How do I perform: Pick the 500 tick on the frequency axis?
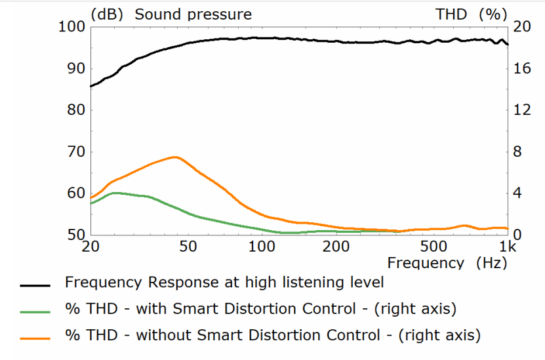tap(433, 247)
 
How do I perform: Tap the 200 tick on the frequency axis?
tap(336, 247)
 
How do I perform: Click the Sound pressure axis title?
tap(193, 14)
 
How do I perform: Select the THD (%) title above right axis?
tap(472, 14)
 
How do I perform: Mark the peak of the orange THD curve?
tap(174, 157)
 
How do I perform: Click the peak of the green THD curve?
tap(116, 193)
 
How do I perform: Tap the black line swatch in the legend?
tap(35, 285)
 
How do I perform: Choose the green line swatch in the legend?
tap(35, 311)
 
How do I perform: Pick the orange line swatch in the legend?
tap(35, 337)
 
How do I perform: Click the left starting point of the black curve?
tap(91, 86)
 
